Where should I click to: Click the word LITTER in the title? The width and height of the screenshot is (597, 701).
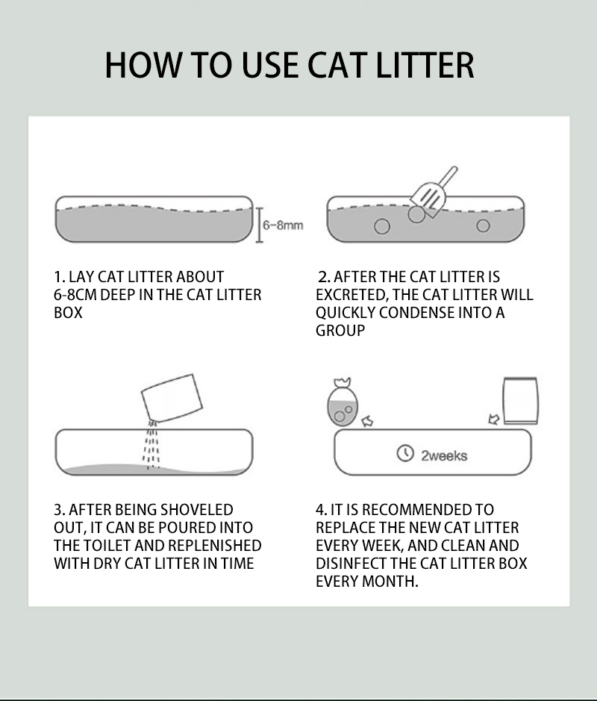tap(425, 65)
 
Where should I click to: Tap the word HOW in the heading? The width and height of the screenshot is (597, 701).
tap(143, 65)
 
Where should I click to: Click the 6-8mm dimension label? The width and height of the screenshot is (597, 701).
tap(283, 225)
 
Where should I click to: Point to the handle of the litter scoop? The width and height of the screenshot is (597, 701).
tap(448, 176)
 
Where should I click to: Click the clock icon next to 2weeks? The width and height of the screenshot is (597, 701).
tap(405, 453)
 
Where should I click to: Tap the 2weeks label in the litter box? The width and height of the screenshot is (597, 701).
tap(444, 455)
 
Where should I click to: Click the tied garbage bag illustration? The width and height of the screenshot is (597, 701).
tap(343, 402)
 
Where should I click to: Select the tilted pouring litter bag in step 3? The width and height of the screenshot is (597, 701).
tap(172, 399)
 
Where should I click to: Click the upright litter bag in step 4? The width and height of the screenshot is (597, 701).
tap(521, 401)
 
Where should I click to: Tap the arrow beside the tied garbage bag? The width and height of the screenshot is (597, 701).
tap(367, 421)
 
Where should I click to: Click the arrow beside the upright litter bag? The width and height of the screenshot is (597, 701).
tap(494, 420)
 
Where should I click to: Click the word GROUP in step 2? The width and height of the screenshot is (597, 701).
tap(340, 331)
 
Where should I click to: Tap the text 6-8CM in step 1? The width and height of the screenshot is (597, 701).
tap(75, 295)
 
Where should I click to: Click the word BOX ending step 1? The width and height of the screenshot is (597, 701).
tap(68, 313)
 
